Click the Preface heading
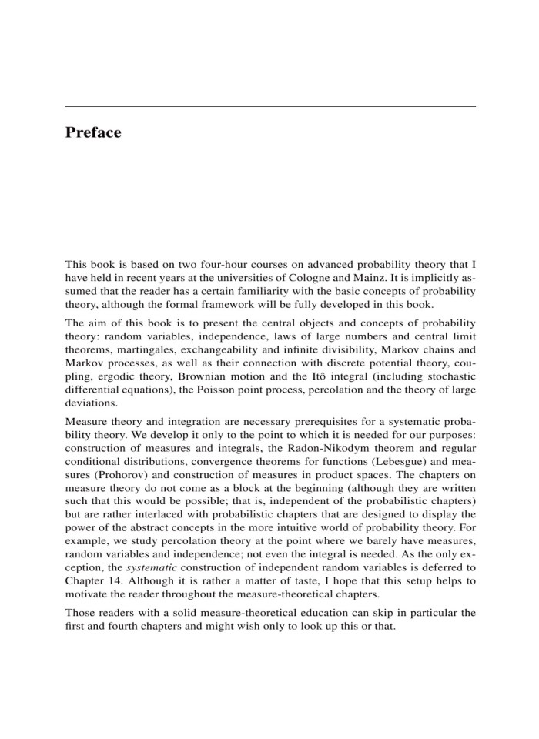coord(93,133)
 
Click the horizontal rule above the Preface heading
coord(269,106)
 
